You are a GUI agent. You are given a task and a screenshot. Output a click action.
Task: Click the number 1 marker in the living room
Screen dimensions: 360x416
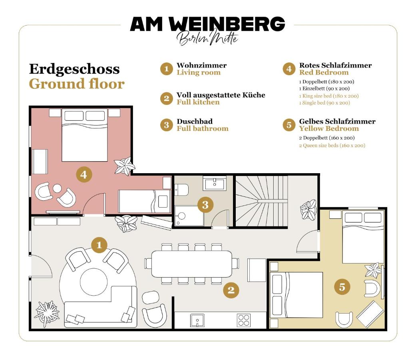pyautogui.click(x=99, y=245)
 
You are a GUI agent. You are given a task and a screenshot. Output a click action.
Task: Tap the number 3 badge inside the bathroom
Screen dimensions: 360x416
pyautogui.click(x=205, y=205)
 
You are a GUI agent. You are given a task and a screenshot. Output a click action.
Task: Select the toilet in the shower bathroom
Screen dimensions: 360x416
pyautogui.click(x=181, y=189)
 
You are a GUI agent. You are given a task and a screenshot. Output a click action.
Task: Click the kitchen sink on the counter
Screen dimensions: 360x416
pyautogui.click(x=197, y=320)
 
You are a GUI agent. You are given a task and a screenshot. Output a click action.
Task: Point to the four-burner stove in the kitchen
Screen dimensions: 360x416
pyautogui.click(x=244, y=320)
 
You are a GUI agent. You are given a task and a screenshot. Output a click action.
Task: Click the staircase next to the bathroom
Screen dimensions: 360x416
pyautogui.click(x=260, y=201)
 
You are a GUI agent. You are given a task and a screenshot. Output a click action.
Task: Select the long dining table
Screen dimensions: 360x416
pyautogui.click(x=191, y=264)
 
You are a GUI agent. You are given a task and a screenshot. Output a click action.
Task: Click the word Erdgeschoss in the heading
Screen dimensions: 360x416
pyautogui.click(x=74, y=69)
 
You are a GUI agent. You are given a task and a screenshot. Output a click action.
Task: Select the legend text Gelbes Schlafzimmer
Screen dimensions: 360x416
pyautogui.click(x=337, y=121)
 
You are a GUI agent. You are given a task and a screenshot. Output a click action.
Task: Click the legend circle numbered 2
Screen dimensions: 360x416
pyautogui.click(x=166, y=98)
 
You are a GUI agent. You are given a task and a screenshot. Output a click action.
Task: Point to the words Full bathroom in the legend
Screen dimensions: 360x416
pyautogui.click(x=203, y=129)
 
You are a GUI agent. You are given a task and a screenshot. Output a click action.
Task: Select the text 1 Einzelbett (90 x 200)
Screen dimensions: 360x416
pyautogui.click(x=324, y=88)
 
